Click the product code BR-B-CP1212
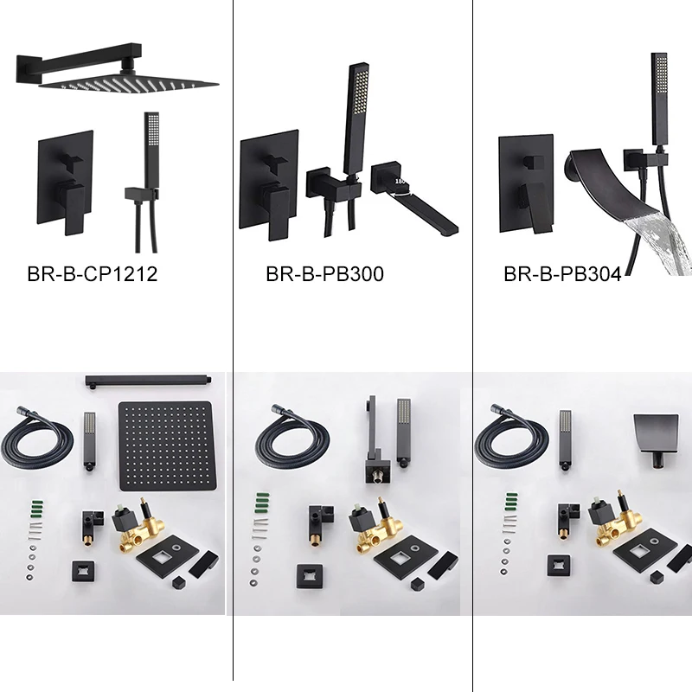click(x=93, y=275)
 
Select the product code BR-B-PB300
click(x=324, y=275)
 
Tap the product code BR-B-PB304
click(x=563, y=275)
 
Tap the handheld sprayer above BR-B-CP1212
click(x=152, y=147)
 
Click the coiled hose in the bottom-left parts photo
click(x=39, y=433)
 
